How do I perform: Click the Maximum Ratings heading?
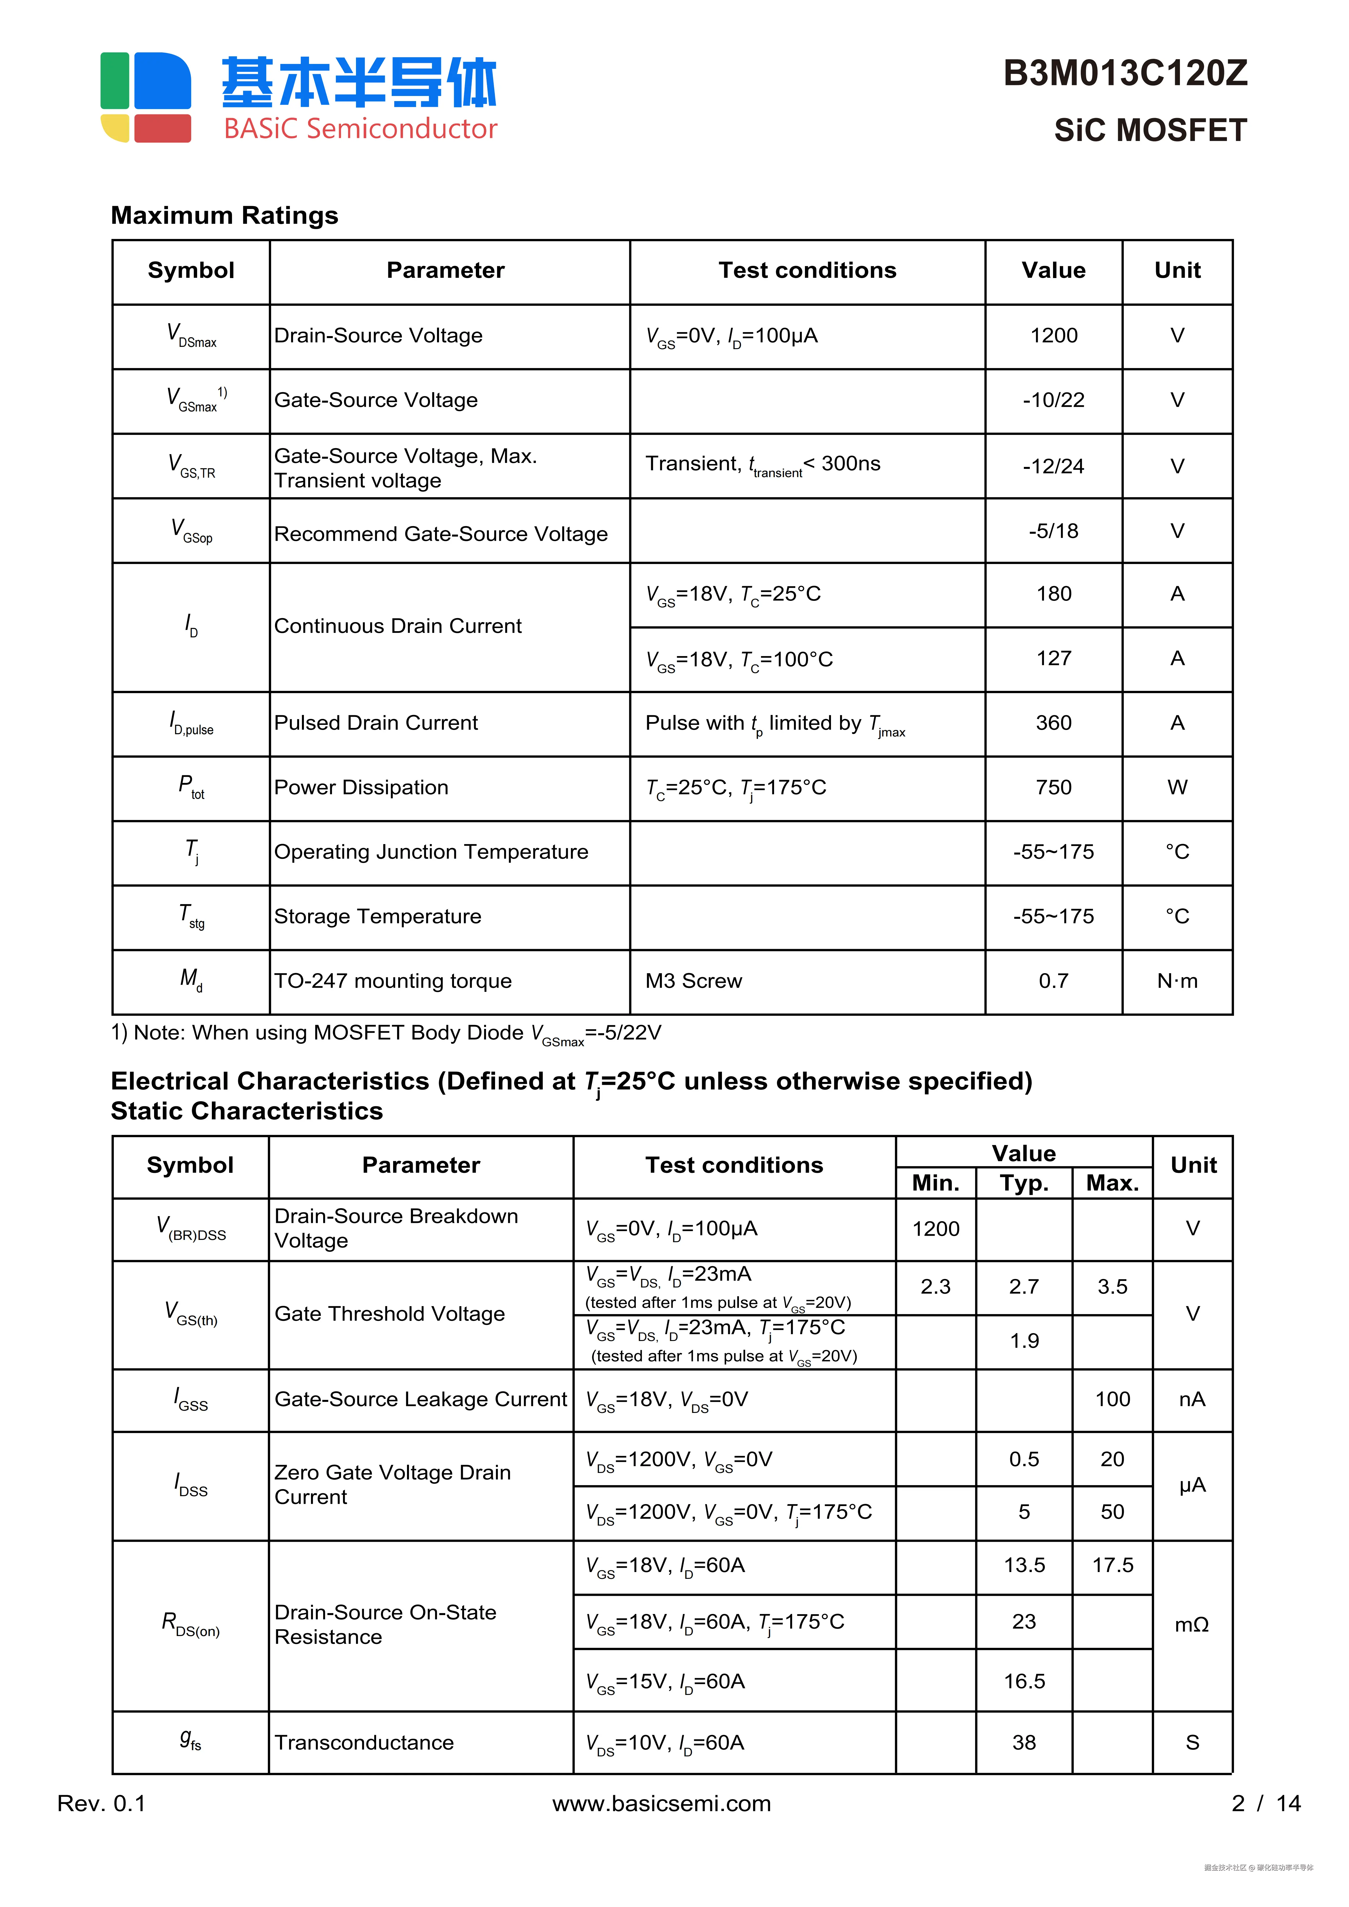click(x=224, y=215)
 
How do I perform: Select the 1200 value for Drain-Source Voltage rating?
click(x=1053, y=336)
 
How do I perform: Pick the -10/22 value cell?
click(x=1053, y=400)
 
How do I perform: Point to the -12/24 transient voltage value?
click(x=1053, y=466)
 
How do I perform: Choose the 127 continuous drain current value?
click(x=1053, y=659)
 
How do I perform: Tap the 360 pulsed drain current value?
click(x=1053, y=723)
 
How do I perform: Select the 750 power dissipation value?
click(x=1053, y=787)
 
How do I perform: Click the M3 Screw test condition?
click(x=694, y=981)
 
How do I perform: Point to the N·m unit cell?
click(x=1177, y=981)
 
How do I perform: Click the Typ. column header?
click(x=1023, y=1183)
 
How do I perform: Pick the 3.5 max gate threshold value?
click(x=1112, y=1287)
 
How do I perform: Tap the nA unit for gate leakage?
click(x=1192, y=1400)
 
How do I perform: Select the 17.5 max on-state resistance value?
click(x=1112, y=1566)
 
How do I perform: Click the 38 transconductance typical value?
click(x=1023, y=1742)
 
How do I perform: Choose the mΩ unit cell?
click(x=1192, y=1625)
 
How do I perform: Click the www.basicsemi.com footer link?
click(x=661, y=1804)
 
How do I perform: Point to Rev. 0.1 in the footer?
click(x=101, y=1804)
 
